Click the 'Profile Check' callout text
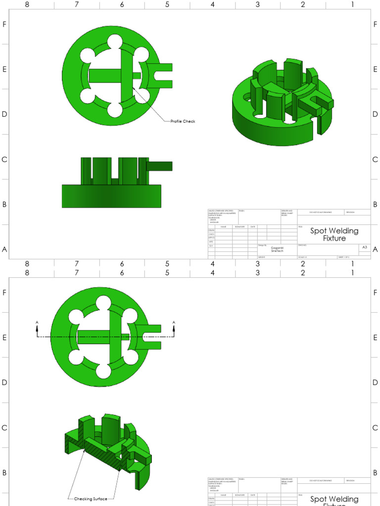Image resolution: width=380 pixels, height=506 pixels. point(183,121)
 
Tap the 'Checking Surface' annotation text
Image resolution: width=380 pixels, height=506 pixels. point(91,499)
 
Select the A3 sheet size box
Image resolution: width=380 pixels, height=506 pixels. point(365,247)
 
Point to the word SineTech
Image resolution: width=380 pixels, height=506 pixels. point(277,252)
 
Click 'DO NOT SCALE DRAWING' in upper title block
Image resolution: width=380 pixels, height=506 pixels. point(321,212)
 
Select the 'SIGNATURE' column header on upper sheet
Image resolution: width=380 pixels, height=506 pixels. point(239,226)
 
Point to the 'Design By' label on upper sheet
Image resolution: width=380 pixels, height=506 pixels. point(262,245)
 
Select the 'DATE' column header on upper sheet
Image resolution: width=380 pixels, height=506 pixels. point(252,226)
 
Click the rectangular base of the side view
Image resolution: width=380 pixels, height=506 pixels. point(111,196)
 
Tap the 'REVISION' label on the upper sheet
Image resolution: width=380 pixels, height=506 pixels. point(351,212)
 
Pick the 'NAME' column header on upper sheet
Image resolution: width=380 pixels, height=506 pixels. point(223,226)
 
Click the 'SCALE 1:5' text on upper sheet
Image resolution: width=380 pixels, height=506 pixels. point(302,257)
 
